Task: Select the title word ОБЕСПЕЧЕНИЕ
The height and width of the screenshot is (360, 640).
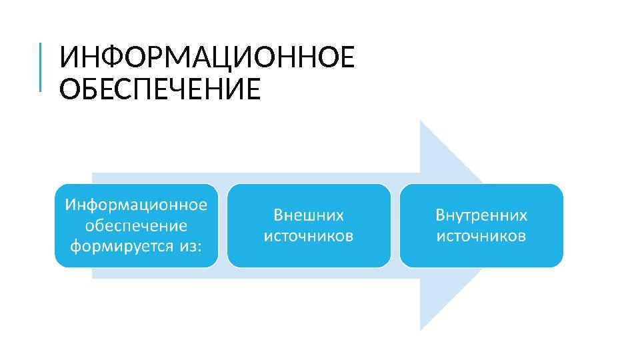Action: (159, 89)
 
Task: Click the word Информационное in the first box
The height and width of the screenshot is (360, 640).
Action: (136, 203)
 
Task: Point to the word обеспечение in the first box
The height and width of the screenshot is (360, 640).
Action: (136, 225)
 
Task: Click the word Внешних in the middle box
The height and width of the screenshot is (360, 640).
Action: (309, 215)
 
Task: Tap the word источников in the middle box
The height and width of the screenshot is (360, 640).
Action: (309, 236)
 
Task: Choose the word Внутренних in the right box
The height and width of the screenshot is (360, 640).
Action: (481, 215)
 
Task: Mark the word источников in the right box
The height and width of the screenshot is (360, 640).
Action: (481, 236)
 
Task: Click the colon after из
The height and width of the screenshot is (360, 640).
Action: (199, 247)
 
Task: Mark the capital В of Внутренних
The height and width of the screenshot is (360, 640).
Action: (441, 215)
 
